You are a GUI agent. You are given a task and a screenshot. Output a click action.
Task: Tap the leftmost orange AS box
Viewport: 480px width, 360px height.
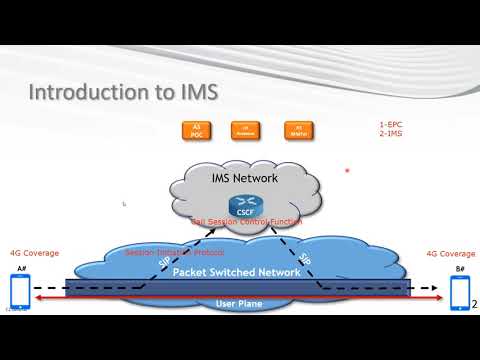tap(197, 128)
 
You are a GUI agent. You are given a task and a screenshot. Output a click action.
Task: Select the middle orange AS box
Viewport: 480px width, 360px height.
tap(245, 128)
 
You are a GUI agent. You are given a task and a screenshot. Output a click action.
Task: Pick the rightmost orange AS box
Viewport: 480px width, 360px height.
tap(295, 128)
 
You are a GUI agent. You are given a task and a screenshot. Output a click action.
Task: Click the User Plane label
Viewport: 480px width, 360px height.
tap(239, 301)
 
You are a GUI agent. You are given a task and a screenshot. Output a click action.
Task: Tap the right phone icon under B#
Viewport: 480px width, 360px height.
tap(458, 292)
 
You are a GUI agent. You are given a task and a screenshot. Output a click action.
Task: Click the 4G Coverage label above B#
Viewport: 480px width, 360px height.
tap(450, 253)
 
